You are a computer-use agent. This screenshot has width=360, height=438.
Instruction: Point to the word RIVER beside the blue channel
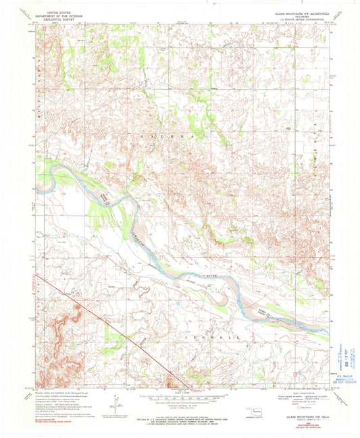(x=213, y=276)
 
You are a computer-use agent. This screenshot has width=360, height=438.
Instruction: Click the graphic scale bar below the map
(x=180, y=398)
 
